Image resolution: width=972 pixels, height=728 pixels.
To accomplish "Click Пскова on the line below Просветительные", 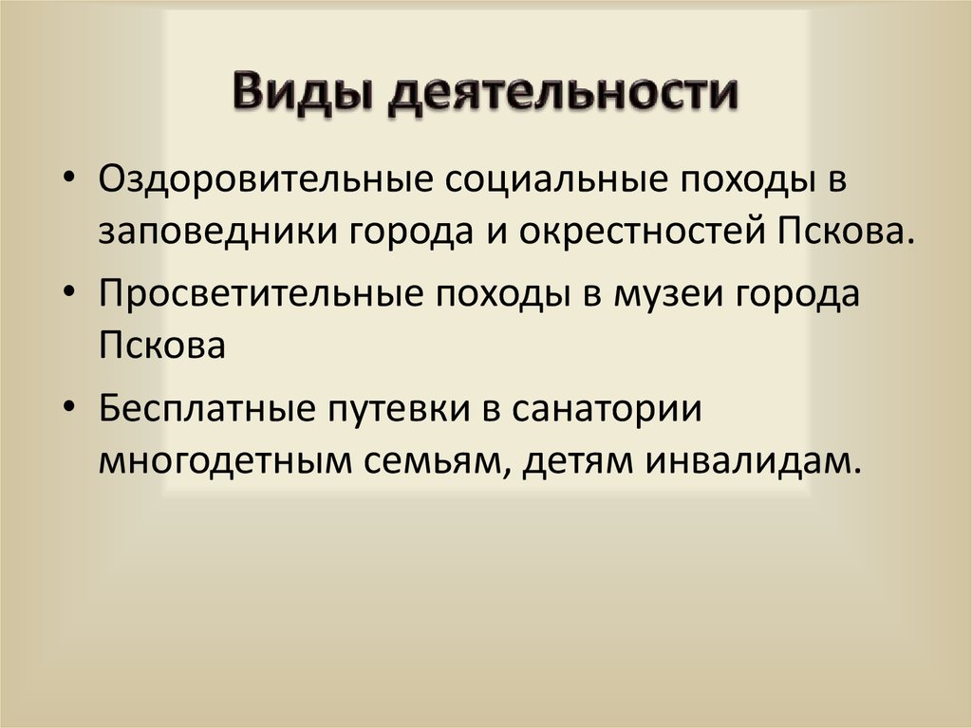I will pyautogui.click(x=160, y=345).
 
